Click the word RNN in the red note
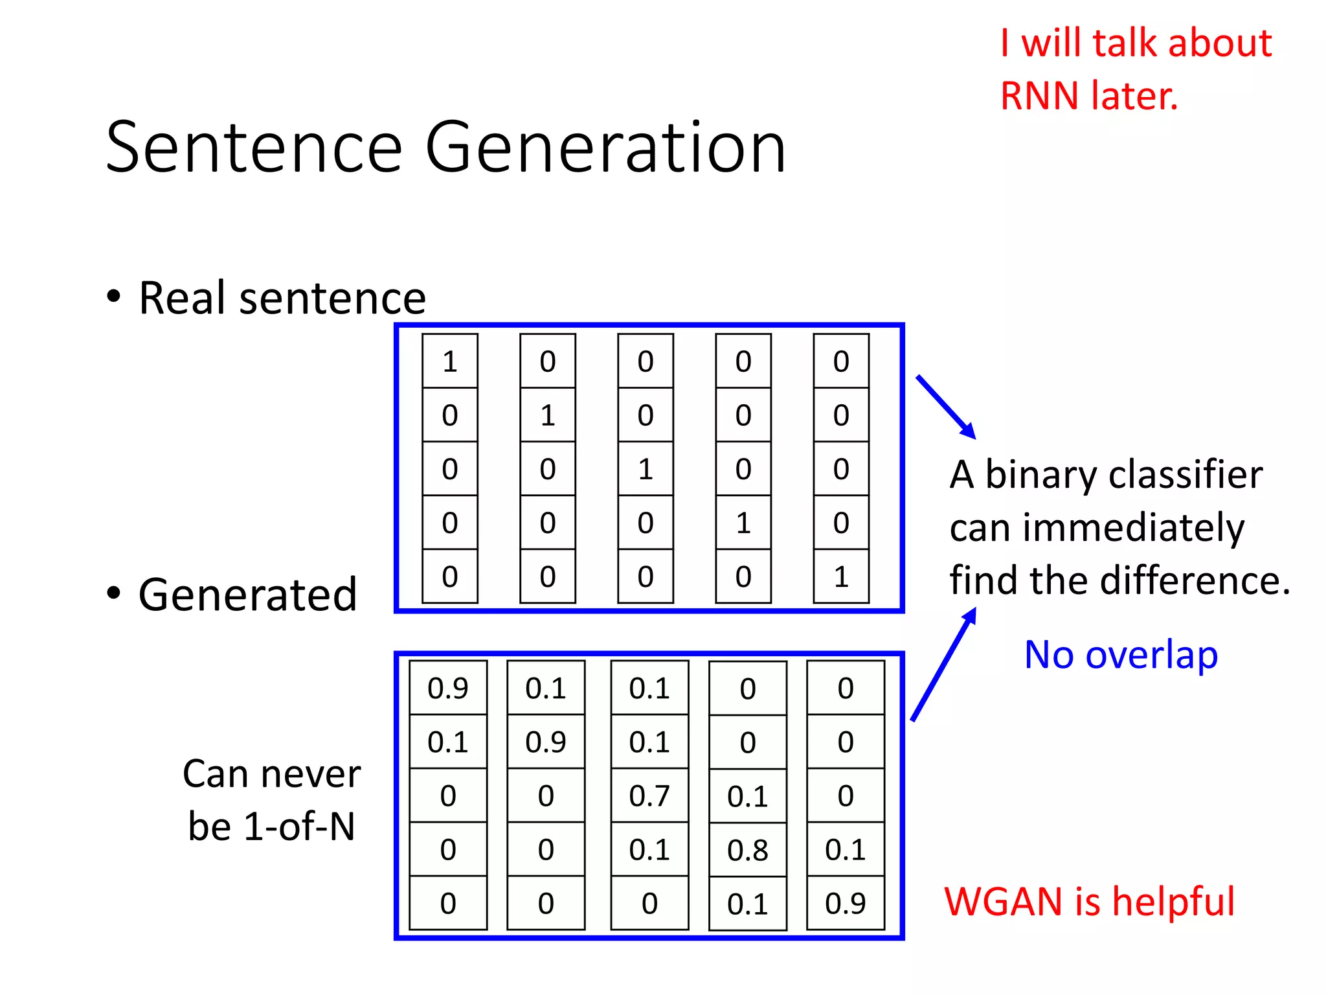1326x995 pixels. click(x=1039, y=96)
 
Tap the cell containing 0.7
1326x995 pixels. click(x=649, y=795)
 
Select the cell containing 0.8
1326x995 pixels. click(x=747, y=850)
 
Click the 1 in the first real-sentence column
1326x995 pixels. click(x=449, y=361)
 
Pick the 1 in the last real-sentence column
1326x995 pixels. click(x=840, y=577)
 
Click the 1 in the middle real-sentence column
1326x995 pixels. click(x=645, y=469)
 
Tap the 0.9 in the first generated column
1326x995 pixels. click(x=448, y=688)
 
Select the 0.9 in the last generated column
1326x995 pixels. click(x=845, y=903)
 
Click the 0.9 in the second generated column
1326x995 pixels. click(x=545, y=742)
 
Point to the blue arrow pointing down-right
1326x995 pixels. click(x=945, y=406)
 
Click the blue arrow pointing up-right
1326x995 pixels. click(x=943, y=664)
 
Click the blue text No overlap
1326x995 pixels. click(x=1121, y=654)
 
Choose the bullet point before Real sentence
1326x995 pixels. click(x=114, y=297)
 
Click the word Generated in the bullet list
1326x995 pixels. click(x=247, y=594)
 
